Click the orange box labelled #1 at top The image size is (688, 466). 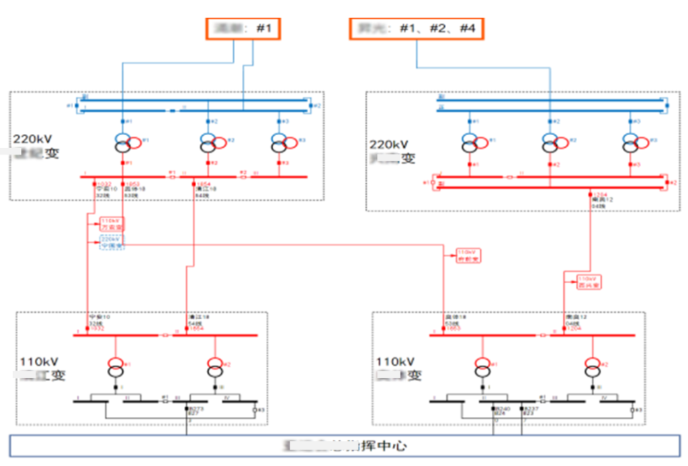[243, 29]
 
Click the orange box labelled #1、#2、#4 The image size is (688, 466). [416, 29]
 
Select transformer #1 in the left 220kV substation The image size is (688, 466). [125, 143]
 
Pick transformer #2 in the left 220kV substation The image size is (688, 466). [210, 143]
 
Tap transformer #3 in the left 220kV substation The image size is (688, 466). [282, 143]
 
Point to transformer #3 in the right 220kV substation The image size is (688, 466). [633, 143]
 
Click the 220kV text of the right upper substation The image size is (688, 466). [389, 145]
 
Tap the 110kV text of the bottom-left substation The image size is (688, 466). [40, 361]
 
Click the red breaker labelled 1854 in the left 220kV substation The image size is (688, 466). [193, 183]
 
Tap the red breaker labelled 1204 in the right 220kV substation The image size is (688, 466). [589, 194]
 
